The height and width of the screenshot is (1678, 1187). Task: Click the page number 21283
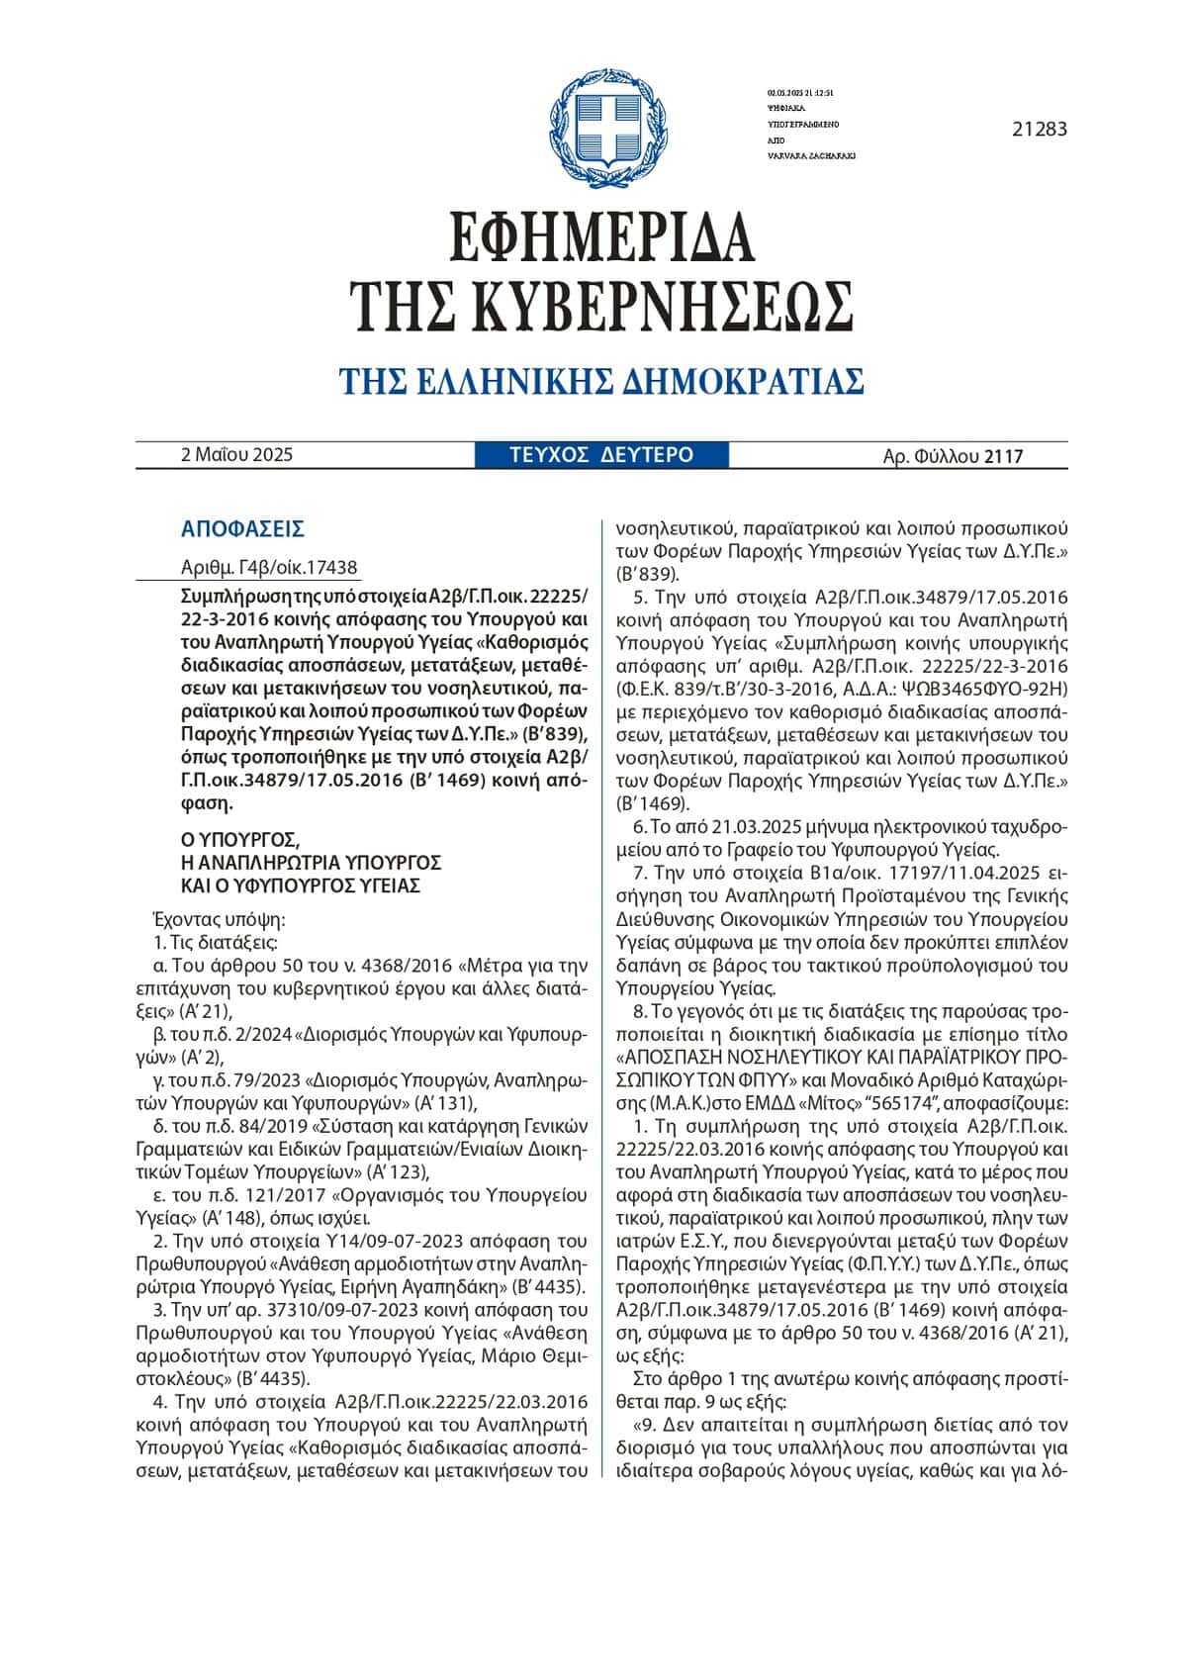(1040, 129)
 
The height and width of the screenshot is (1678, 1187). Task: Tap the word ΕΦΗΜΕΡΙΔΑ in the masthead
(601, 237)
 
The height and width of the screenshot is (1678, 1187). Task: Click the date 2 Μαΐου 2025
(236, 455)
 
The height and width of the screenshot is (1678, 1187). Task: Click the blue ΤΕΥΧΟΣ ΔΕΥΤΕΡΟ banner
(601, 455)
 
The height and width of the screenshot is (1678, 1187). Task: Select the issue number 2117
(1003, 456)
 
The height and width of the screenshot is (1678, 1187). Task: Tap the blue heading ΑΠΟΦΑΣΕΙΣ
(242, 529)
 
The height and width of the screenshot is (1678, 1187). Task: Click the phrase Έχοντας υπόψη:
(220, 918)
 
